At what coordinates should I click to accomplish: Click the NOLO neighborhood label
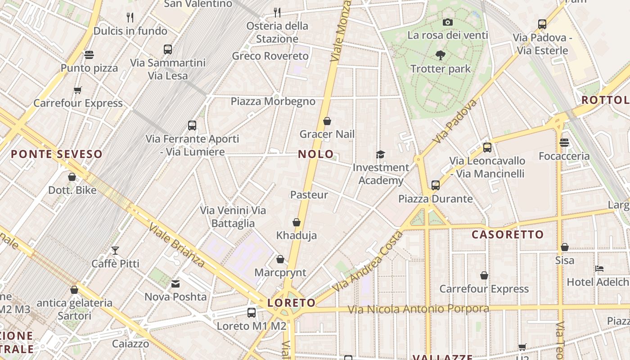point(316,154)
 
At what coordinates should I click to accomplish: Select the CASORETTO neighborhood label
point(508,234)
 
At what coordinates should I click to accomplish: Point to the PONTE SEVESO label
point(57,154)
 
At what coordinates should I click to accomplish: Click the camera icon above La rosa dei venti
point(447,22)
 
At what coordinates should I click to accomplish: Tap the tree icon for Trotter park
point(441,55)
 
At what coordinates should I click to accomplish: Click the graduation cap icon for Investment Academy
point(381,155)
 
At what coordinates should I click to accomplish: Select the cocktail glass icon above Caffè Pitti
point(115,251)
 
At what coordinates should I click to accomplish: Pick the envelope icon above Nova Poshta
point(175,284)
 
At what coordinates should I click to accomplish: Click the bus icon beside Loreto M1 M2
point(252,312)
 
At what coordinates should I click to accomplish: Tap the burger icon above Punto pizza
point(89,55)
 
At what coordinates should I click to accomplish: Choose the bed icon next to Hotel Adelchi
point(599,269)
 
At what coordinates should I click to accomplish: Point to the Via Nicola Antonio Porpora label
point(418,309)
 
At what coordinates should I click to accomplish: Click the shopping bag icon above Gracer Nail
point(327,121)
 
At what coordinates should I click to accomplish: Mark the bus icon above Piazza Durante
point(435,185)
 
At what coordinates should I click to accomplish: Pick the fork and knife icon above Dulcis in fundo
point(130,18)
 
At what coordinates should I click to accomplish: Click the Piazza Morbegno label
point(273,101)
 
